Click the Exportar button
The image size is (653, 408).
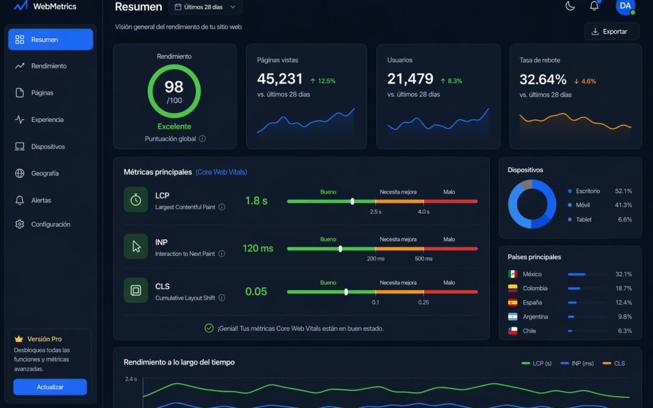[612, 31]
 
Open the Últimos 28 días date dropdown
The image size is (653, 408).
[206, 7]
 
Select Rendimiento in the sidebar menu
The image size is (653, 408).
[49, 66]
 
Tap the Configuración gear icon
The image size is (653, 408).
[20, 224]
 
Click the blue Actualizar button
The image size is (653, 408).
[50, 387]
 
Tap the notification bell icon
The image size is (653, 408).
[594, 6]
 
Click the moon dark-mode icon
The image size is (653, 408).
[570, 6]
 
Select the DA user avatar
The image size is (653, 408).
[625, 6]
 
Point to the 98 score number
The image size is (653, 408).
[174, 87]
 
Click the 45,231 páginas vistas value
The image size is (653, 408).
[280, 79]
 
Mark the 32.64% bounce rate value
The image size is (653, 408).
[543, 79]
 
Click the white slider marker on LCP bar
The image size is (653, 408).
[352, 201]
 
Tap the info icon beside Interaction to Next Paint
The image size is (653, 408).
[222, 254]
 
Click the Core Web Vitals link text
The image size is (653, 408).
[221, 172]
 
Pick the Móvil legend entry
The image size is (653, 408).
[583, 206]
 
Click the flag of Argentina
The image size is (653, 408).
[513, 317]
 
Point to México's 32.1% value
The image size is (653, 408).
[623, 274]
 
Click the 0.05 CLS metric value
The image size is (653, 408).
[256, 291]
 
